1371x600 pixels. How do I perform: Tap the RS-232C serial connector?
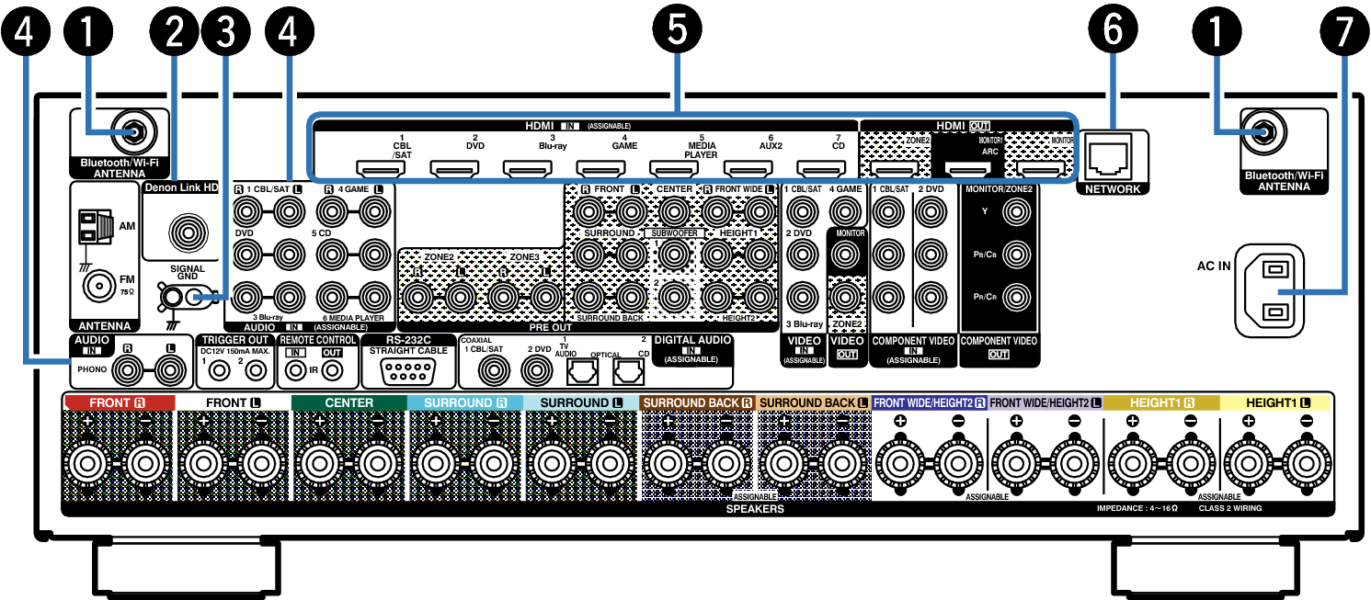point(408,370)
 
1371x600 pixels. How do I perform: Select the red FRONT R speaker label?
point(119,402)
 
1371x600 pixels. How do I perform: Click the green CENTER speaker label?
point(349,402)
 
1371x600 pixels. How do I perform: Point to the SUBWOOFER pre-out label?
point(675,233)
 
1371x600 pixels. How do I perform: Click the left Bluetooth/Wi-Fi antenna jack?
point(133,132)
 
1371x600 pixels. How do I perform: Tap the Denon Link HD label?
point(182,187)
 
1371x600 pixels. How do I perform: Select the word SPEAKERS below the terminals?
point(755,508)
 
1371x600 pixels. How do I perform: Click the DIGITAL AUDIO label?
point(692,340)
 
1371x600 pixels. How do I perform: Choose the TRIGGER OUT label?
point(235,340)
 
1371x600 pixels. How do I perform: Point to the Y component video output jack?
point(1016,211)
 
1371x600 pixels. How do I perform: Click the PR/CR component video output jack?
point(1016,297)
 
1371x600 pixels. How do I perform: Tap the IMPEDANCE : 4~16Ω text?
point(1137,508)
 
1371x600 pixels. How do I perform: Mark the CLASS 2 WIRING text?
point(1230,508)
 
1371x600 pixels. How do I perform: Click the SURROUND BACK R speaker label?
point(697,402)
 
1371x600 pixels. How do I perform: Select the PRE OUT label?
point(551,327)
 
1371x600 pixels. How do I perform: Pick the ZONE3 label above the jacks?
point(524,256)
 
